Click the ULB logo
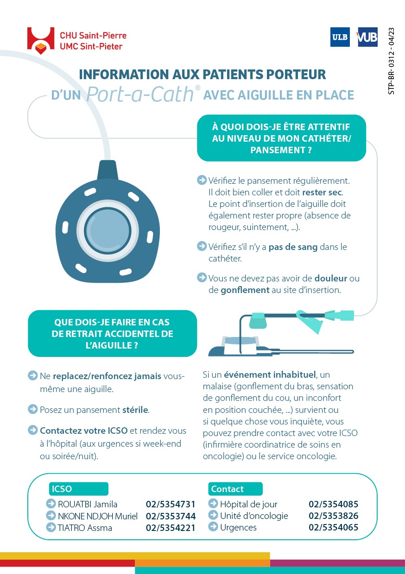340,37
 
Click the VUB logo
367,37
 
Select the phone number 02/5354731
171,504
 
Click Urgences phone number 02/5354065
333,527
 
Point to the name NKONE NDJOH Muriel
98,516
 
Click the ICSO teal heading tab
79,489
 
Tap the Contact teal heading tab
235,489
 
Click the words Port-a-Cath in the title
139,94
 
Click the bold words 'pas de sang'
293,247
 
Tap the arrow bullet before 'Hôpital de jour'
213,504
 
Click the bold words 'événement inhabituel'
270,374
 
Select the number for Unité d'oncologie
333,516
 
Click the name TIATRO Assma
85,527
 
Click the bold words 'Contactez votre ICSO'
84,430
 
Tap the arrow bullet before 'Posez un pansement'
32,409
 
